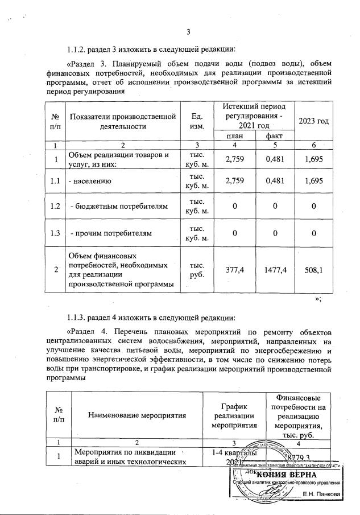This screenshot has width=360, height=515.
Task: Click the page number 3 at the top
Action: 188,31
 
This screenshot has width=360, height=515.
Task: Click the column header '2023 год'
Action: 313,121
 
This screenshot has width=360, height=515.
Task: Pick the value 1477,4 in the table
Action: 271,271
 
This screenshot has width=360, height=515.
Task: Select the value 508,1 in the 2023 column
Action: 313,271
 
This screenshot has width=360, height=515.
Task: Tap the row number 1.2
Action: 55,207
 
